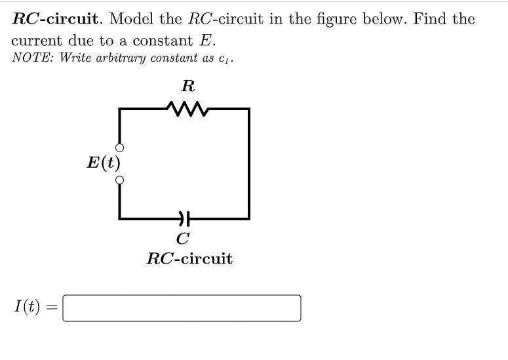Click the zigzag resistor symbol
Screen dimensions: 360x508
click(188, 109)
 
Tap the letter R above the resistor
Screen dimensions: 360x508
click(188, 86)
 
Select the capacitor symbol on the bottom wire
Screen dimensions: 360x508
click(184, 218)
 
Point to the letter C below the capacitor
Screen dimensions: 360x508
click(184, 237)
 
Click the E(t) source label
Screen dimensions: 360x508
click(104, 163)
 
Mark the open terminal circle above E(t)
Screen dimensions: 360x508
click(119, 148)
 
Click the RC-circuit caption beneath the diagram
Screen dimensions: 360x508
click(189, 258)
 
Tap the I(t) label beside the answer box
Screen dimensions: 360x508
click(27, 307)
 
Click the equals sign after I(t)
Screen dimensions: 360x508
click(52, 307)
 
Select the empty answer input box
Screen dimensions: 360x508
click(182, 308)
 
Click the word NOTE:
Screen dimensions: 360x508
click(33, 58)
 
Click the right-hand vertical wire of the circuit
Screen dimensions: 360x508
click(248, 164)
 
